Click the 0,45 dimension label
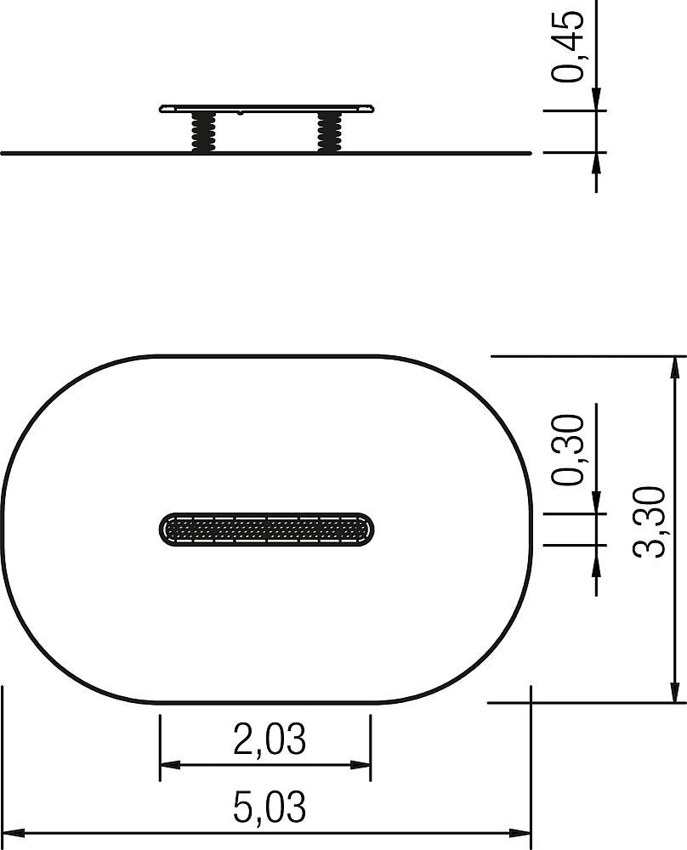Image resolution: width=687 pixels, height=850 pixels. point(568,46)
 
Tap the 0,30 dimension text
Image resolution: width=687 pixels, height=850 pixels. point(568,449)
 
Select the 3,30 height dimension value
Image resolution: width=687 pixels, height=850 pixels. point(649,522)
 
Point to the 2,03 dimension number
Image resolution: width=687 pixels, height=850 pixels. point(270,739)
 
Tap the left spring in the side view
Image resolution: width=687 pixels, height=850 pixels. point(203,132)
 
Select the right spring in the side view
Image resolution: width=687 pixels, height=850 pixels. point(330,132)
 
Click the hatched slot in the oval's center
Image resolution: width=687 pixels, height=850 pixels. point(267,529)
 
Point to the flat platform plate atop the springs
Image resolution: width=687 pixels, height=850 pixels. point(266,109)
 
